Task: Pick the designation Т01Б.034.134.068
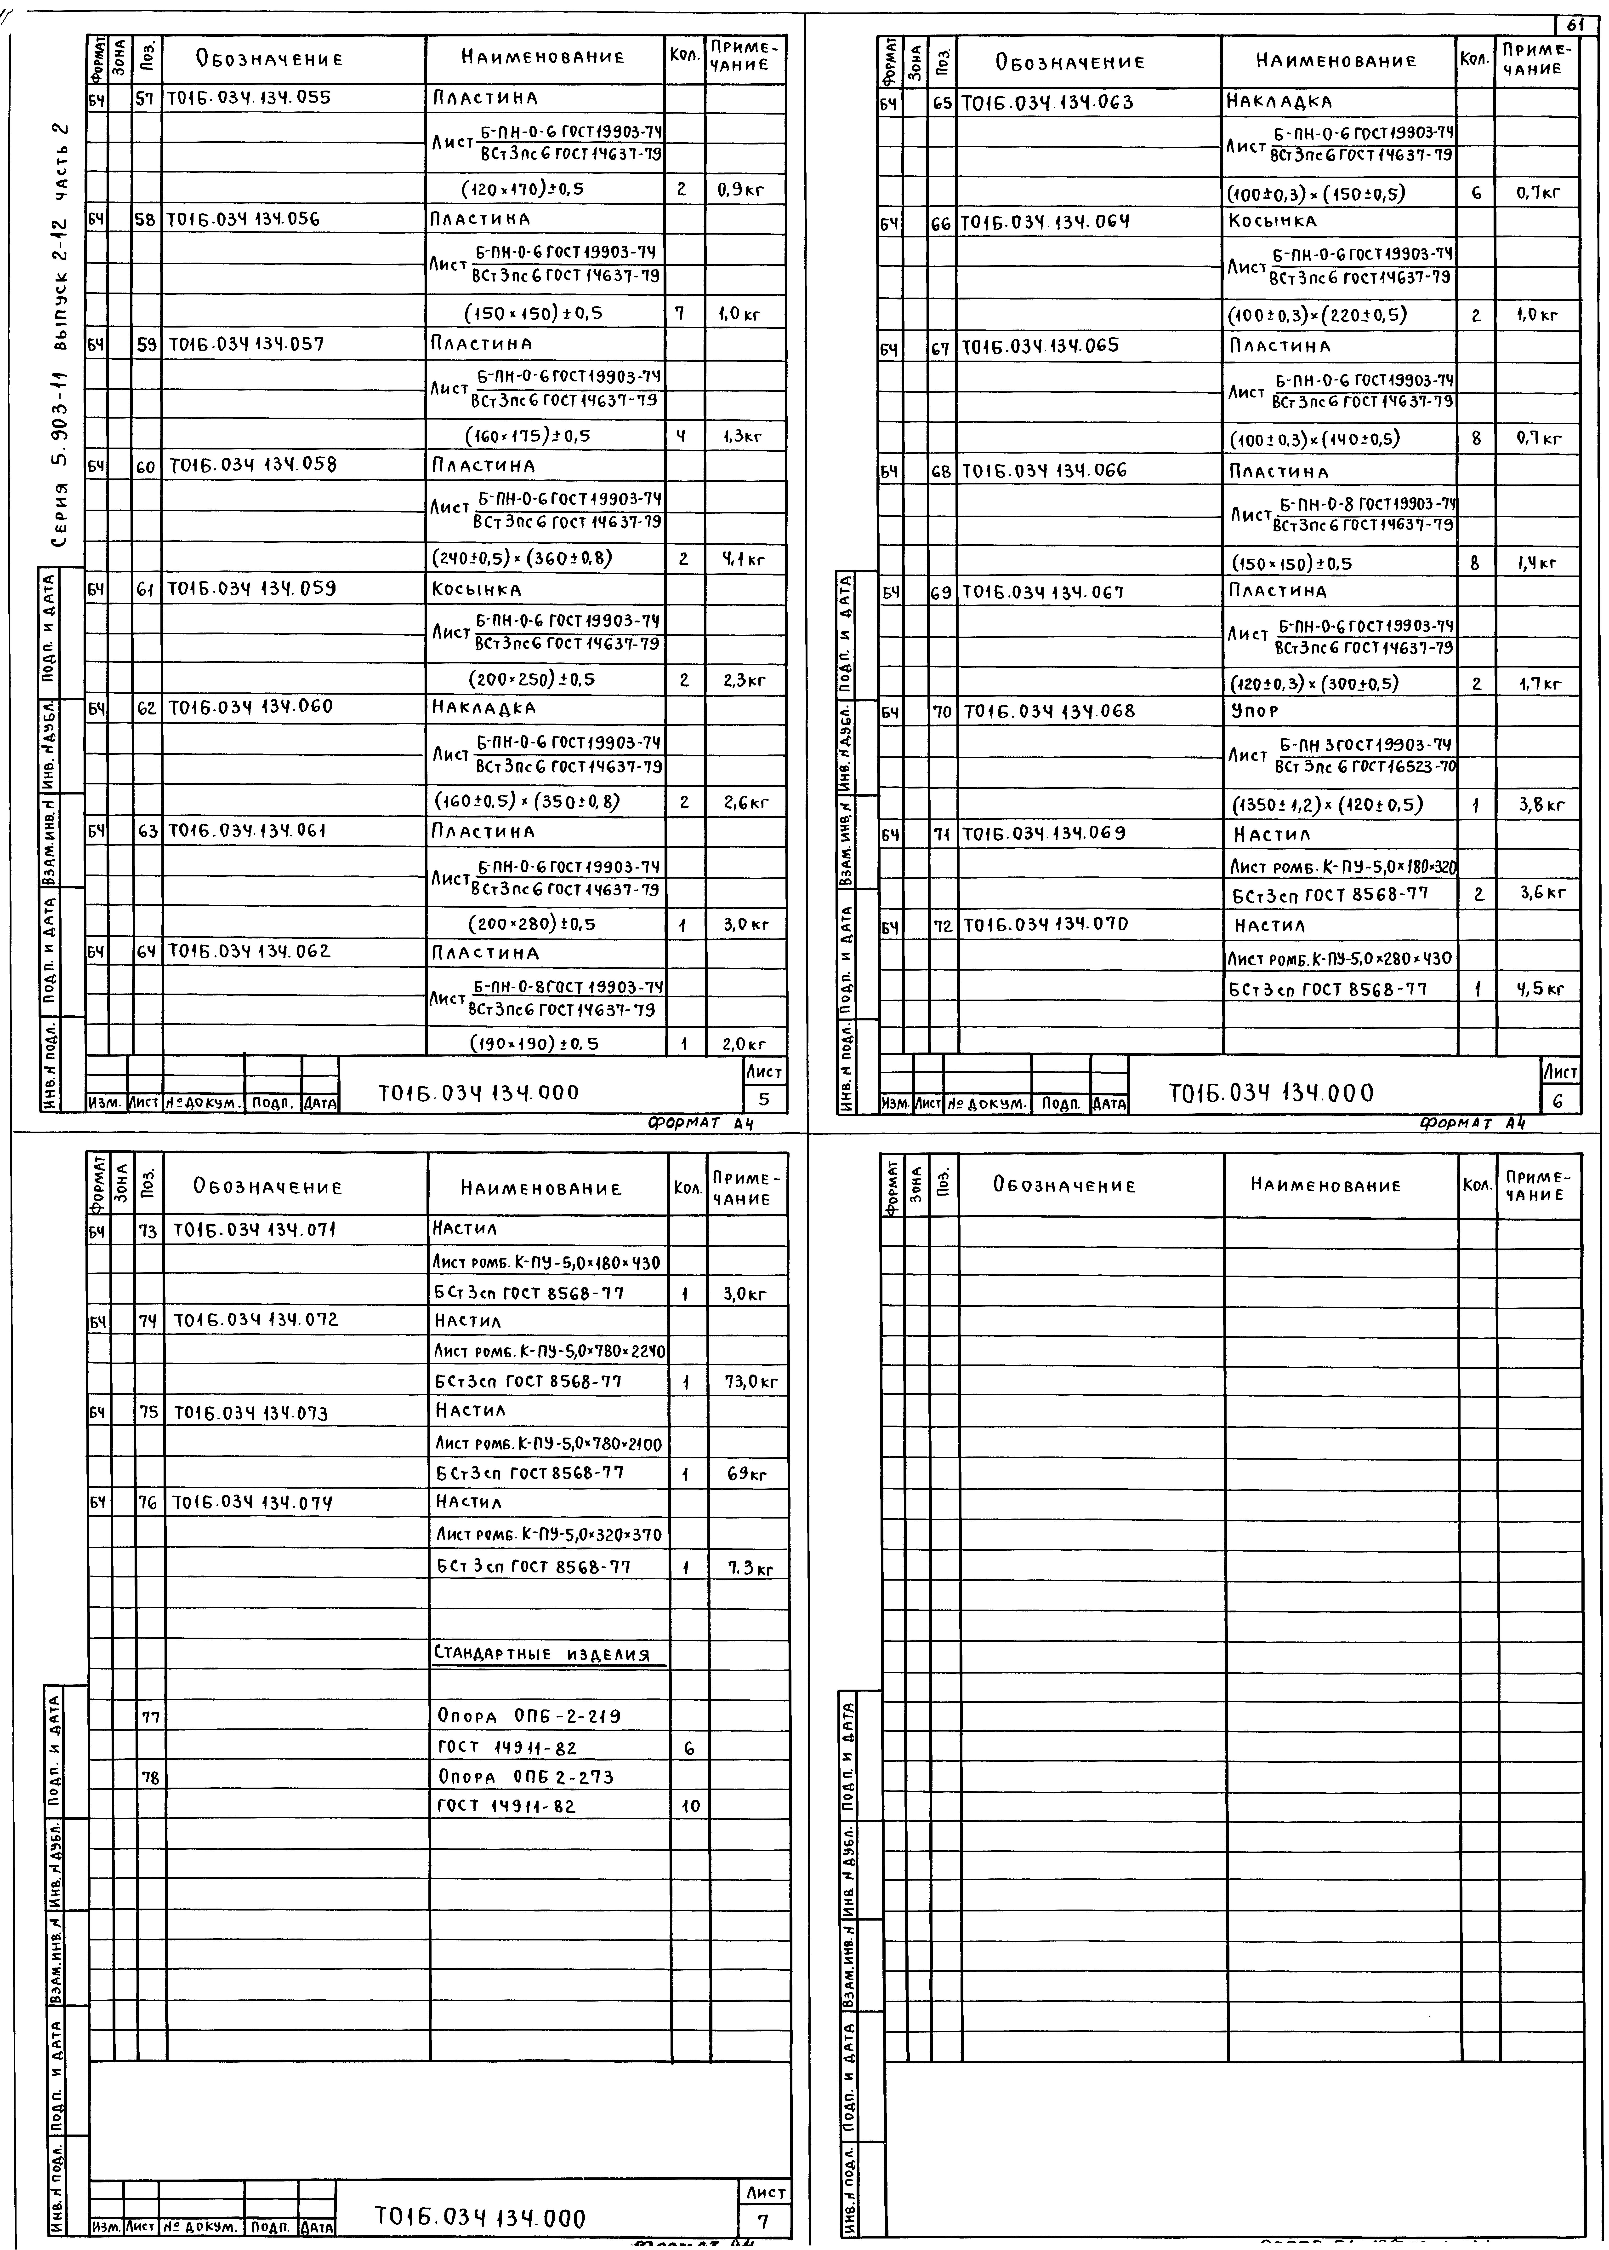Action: tap(1048, 712)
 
